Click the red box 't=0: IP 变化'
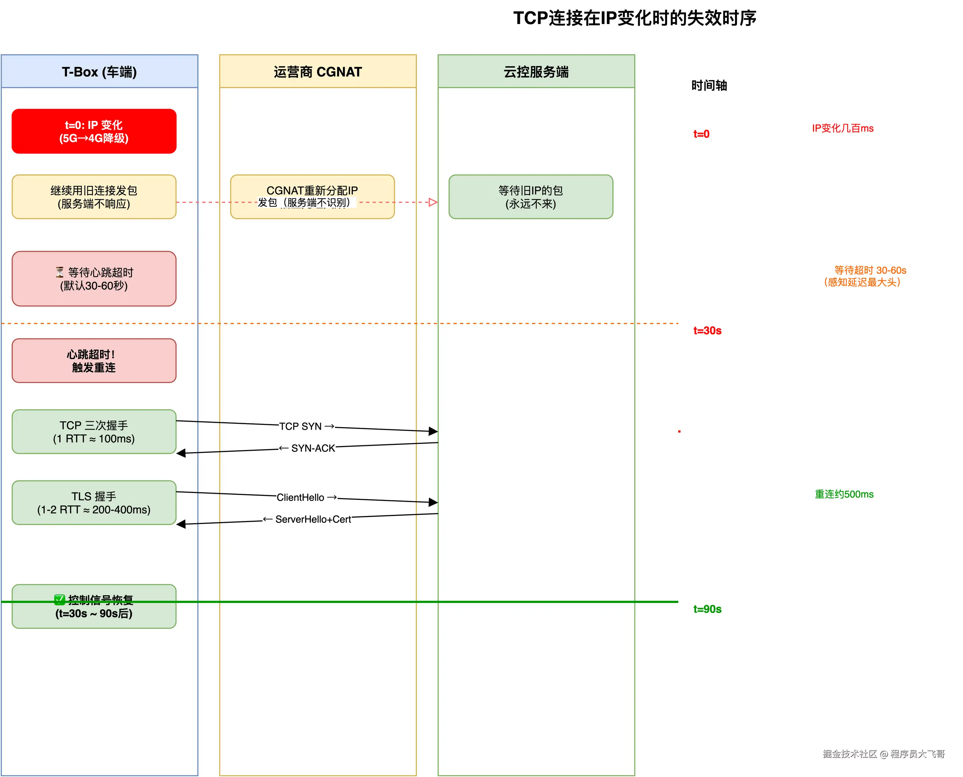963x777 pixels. [94, 131]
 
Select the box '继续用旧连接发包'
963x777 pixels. [94, 197]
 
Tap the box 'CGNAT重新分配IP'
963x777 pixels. [312, 190]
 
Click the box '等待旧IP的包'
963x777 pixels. [531, 197]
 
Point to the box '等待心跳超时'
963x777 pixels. [94, 279]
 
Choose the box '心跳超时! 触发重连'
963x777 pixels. [94, 361]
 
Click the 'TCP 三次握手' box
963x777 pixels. [94, 432]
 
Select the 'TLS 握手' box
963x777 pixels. [94, 502]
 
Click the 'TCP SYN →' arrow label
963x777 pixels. [307, 426]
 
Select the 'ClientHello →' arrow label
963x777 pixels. [307, 497]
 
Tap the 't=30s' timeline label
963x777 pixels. [707, 331]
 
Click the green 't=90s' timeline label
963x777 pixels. [707, 609]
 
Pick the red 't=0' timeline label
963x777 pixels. [701, 134]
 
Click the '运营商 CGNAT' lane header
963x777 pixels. [318, 72]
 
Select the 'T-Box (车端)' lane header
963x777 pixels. [99, 72]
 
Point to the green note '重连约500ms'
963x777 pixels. [844, 494]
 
